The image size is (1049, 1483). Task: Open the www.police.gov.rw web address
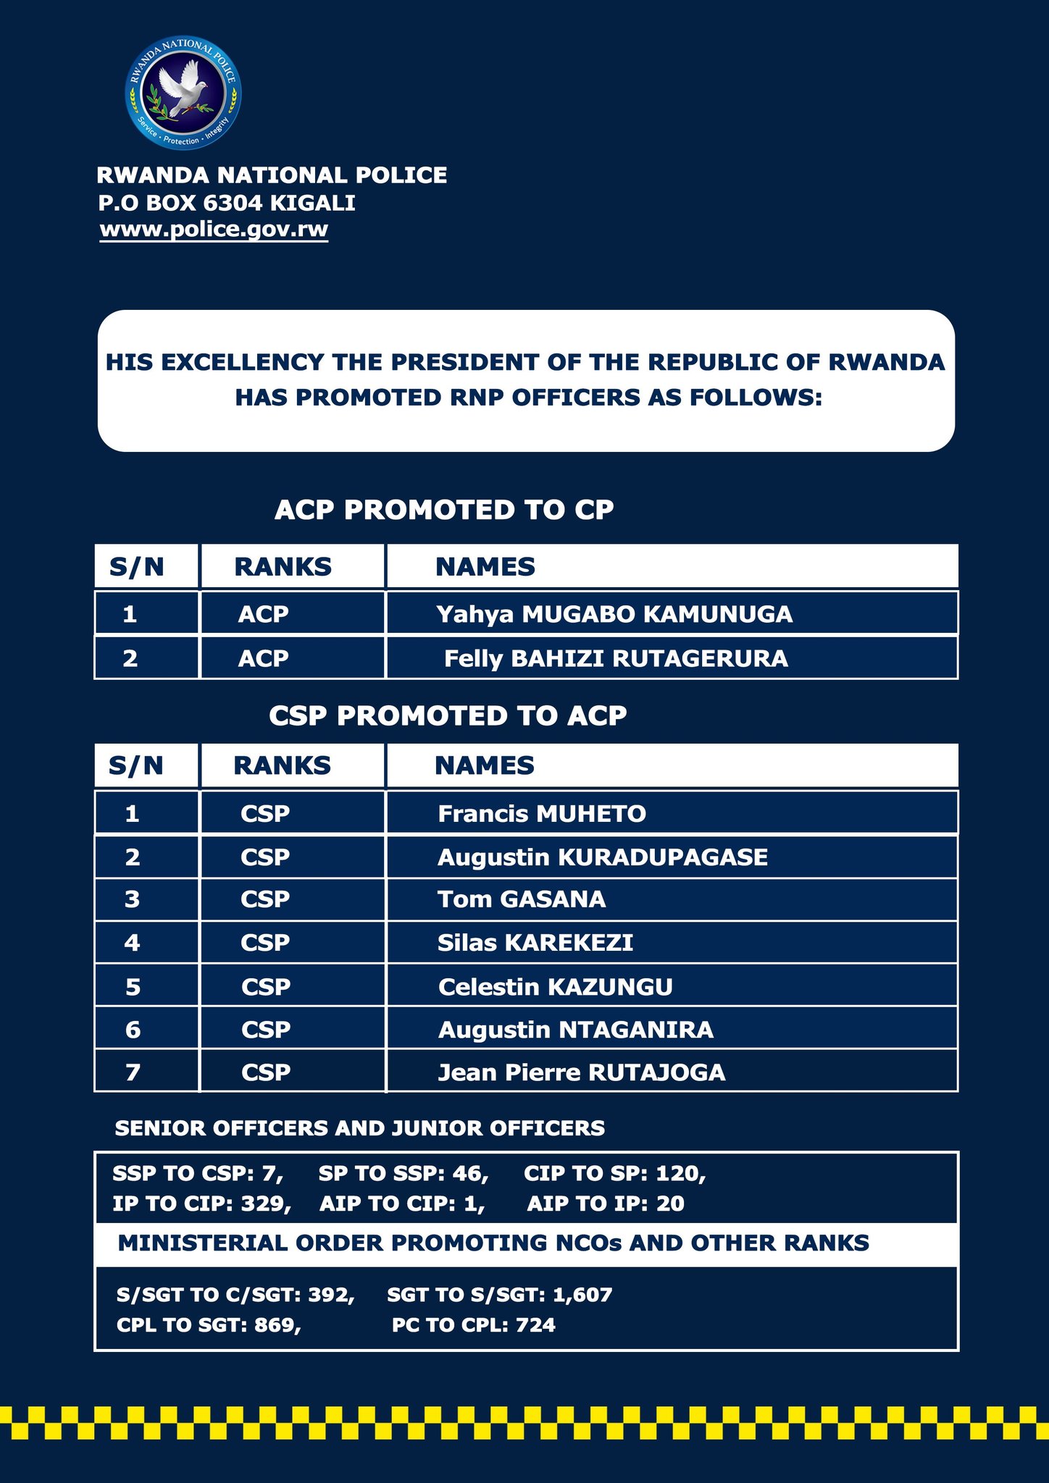coord(214,230)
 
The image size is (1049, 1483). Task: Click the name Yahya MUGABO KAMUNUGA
coord(614,614)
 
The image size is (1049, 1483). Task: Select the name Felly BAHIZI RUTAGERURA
coord(616,658)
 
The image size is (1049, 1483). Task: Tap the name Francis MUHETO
coord(542,814)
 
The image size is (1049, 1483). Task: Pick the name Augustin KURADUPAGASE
coord(603,857)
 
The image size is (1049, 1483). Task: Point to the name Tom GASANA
coord(522,899)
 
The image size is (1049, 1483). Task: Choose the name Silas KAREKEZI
coord(535,943)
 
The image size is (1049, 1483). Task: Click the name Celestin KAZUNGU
coord(556,987)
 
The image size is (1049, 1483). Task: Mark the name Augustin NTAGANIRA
coord(576,1030)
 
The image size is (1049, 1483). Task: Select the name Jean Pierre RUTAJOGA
coord(582,1072)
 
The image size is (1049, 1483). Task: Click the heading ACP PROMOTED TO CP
coord(444,510)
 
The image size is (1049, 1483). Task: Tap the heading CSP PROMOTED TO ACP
coord(448,716)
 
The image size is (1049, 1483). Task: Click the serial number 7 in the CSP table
coord(133,1072)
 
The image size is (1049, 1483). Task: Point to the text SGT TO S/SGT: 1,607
coord(500,1295)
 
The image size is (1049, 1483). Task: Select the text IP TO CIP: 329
coord(201,1204)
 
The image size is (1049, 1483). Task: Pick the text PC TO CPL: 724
coord(474,1325)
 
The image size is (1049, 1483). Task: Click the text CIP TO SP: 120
coord(614,1174)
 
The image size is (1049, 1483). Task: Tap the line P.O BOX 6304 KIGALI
coord(227,203)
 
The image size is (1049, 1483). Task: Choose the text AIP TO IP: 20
coord(606,1204)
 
